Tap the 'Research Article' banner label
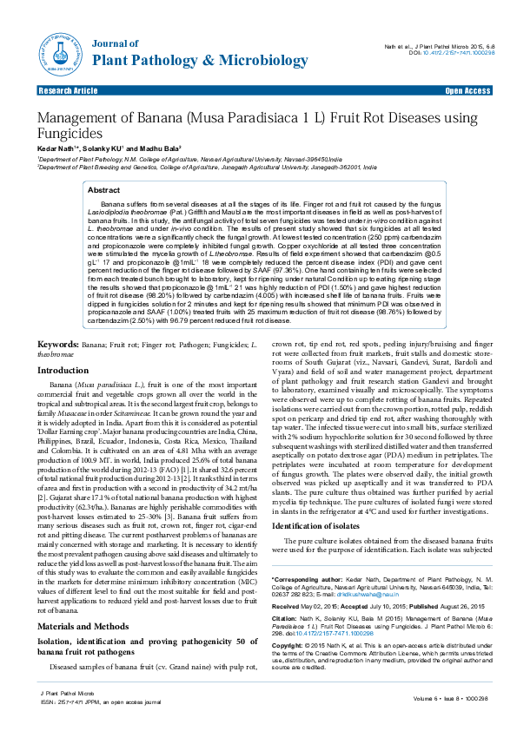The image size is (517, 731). [x=68, y=90]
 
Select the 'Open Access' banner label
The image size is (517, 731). [x=467, y=90]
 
